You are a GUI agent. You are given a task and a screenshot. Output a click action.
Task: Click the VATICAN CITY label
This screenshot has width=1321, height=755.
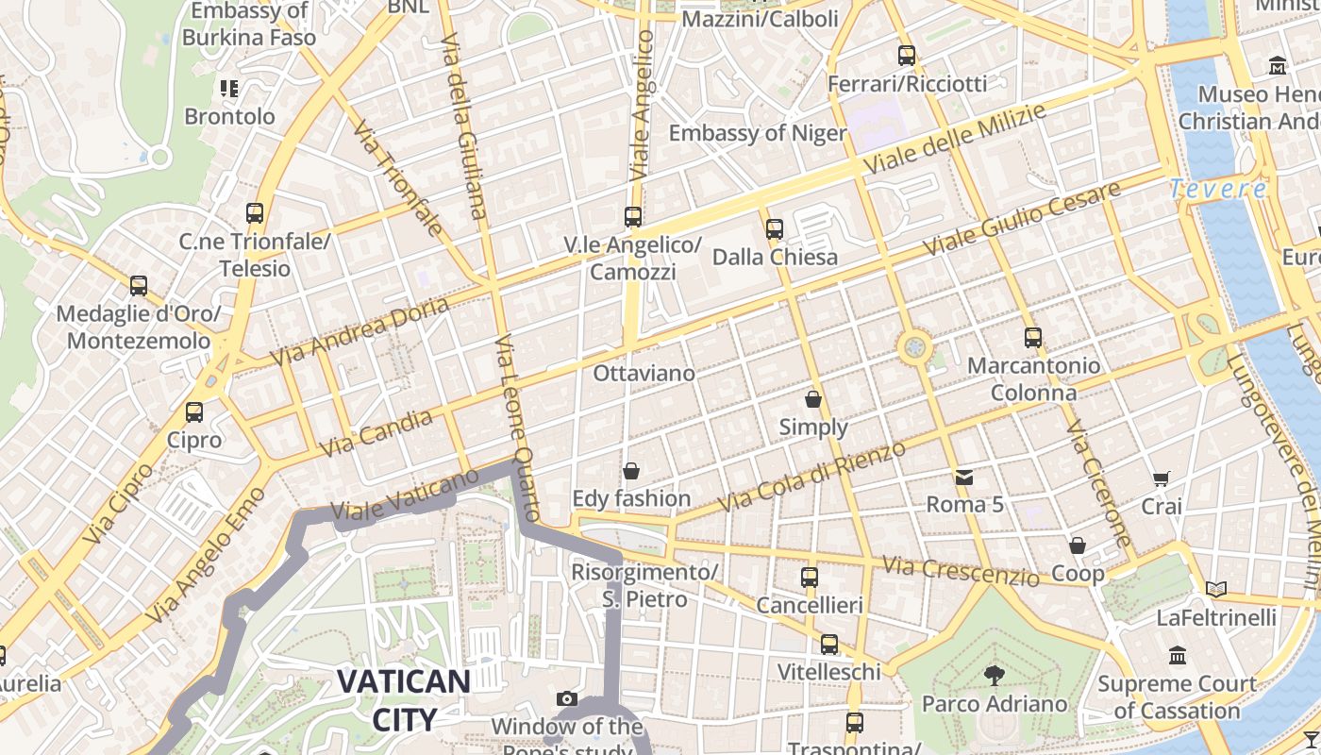403,699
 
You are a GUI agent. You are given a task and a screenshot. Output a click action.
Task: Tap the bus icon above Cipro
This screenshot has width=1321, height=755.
194,412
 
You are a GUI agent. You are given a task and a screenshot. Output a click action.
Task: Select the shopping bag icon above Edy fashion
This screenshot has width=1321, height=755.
631,470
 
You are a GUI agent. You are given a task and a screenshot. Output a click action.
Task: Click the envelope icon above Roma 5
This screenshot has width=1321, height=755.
963,477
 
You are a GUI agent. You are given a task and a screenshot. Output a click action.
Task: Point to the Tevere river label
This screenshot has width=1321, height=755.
1218,190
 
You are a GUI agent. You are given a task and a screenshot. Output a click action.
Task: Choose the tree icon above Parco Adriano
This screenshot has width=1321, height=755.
994,675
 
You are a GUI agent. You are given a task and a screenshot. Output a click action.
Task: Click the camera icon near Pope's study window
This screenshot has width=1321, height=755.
567,698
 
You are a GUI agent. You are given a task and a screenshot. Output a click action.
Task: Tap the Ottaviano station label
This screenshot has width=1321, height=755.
644,374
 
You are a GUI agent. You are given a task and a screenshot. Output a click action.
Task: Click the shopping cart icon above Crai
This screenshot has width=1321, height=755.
1161,479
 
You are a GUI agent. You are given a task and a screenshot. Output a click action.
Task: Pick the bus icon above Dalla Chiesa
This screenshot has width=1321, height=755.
775,228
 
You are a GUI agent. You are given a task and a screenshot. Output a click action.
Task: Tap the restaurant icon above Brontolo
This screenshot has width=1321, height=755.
229,89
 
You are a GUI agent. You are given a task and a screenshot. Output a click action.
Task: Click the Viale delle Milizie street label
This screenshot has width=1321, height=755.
955,140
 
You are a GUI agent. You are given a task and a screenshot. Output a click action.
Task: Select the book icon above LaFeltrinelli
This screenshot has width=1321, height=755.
1216,590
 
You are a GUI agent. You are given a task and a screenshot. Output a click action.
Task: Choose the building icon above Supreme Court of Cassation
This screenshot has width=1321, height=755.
1177,655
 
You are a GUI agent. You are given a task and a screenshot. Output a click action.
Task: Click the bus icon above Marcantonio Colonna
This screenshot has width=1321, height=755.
1033,337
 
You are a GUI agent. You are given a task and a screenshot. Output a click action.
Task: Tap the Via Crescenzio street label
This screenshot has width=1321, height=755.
961,569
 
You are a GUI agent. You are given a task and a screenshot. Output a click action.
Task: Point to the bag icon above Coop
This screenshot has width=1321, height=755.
1078,545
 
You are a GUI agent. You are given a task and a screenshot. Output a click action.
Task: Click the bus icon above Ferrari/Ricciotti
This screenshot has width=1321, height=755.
907,56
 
